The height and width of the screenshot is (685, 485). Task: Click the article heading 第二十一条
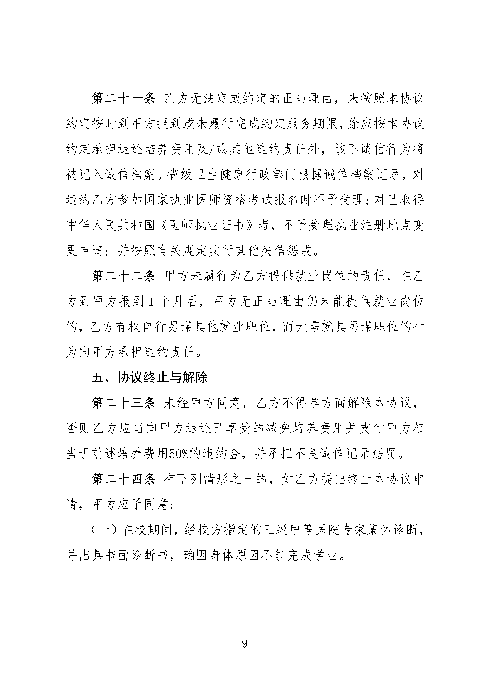point(123,99)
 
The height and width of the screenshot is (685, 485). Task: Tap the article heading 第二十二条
point(123,276)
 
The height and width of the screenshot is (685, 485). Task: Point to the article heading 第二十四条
point(123,479)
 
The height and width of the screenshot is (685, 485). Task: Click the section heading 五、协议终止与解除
point(150,378)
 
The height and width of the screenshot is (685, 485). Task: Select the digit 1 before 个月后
point(151,302)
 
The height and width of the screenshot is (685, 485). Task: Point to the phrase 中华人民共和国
point(110,226)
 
